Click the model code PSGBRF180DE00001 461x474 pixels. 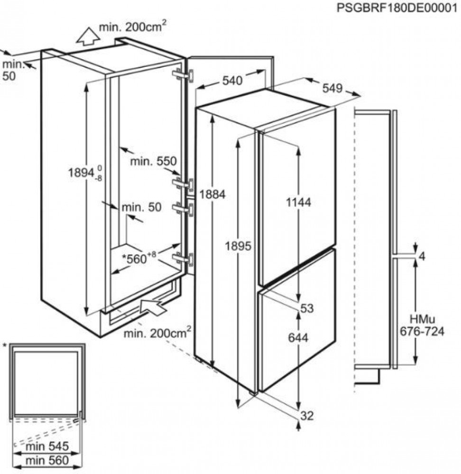(x=397, y=8)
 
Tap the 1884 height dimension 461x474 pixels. (x=212, y=195)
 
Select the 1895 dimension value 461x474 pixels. (x=238, y=246)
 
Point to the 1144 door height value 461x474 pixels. (x=299, y=202)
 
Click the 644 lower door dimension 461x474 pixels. (x=298, y=337)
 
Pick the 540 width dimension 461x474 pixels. (x=232, y=81)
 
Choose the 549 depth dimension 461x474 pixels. (x=332, y=88)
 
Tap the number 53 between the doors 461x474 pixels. (x=307, y=309)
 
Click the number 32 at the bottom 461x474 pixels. (x=307, y=416)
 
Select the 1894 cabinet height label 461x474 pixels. (x=85, y=173)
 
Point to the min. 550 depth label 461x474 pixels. (x=153, y=161)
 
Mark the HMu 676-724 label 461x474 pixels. (x=422, y=326)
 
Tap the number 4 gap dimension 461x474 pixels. (x=422, y=256)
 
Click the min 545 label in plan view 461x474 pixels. (x=47, y=446)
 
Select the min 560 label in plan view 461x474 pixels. (x=47, y=460)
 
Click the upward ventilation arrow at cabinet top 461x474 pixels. (x=88, y=36)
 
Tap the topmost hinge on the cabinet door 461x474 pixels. (x=183, y=75)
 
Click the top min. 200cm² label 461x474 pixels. (x=133, y=27)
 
